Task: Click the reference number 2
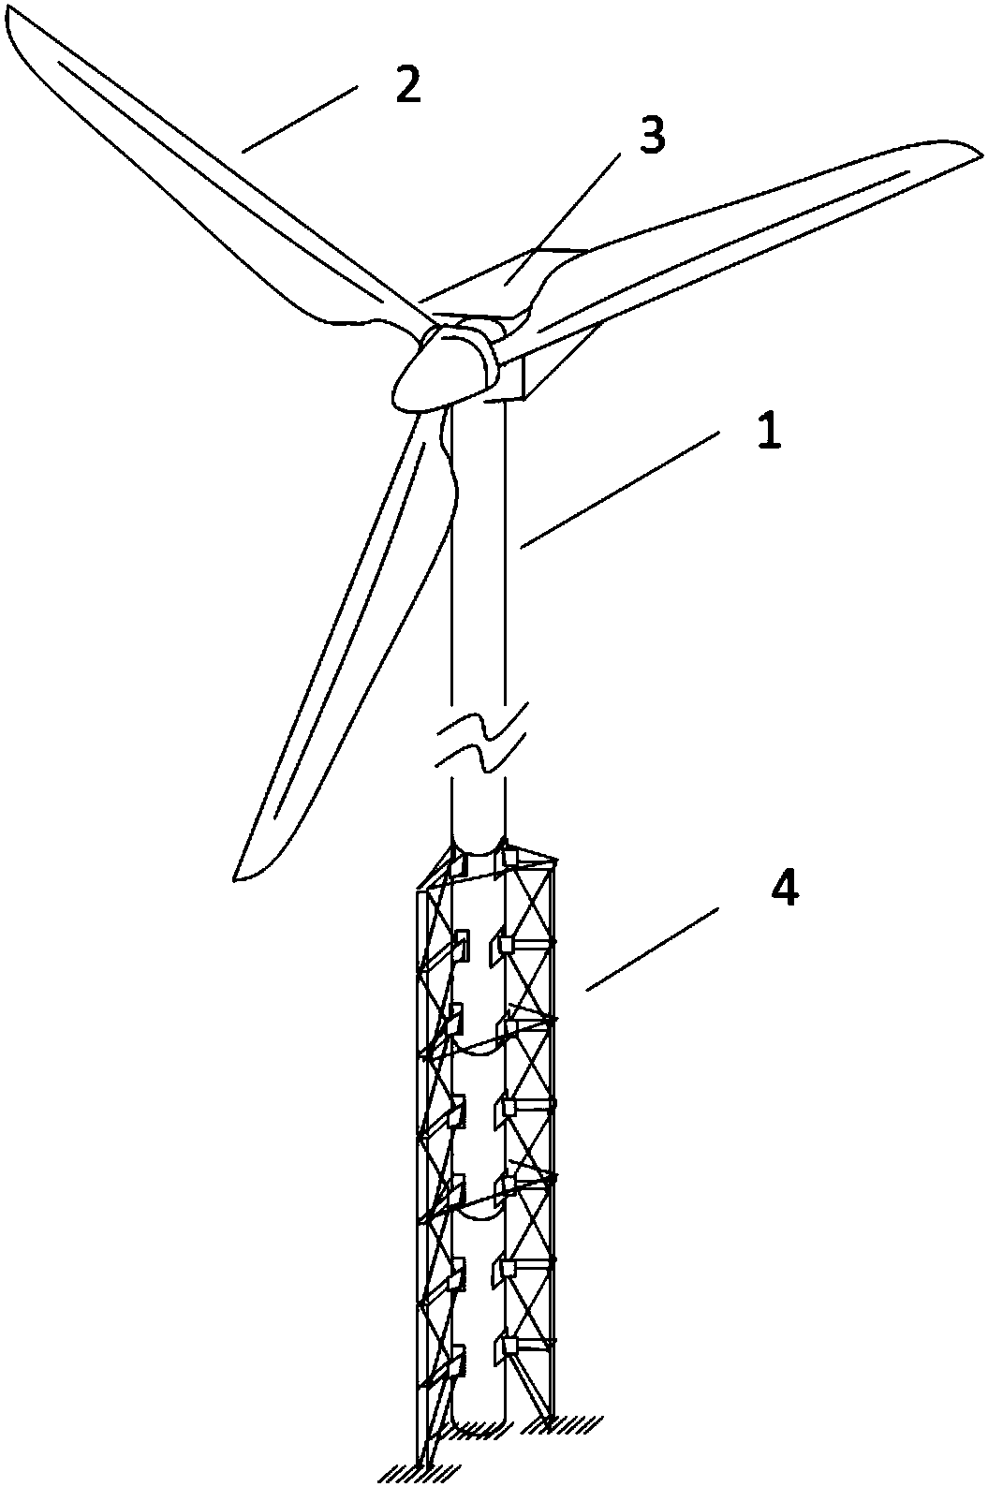tap(407, 85)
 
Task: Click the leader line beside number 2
tap(300, 119)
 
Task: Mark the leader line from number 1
tap(620, 489)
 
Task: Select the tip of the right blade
tap(981, 153)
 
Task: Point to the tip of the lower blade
tap(236, 880)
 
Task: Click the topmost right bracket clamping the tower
tap(506, 860)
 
